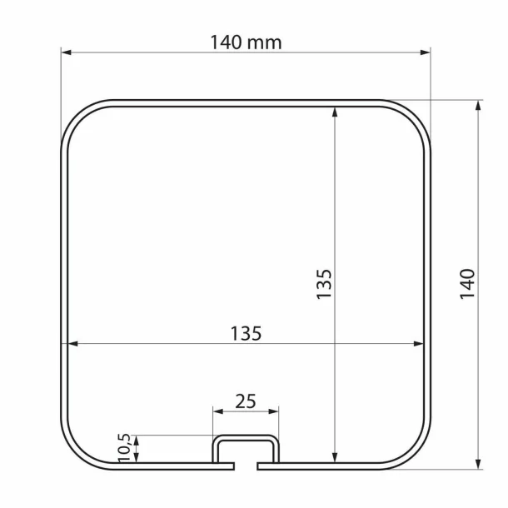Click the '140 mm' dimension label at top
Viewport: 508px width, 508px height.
[245, 42]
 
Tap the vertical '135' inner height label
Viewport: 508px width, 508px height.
[324, 284]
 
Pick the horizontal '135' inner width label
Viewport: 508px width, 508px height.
[246, 333]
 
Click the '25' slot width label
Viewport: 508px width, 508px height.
[245, 401]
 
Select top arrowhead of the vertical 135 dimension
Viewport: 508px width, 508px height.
[335, 110]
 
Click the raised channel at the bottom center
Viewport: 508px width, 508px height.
[245, 441]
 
